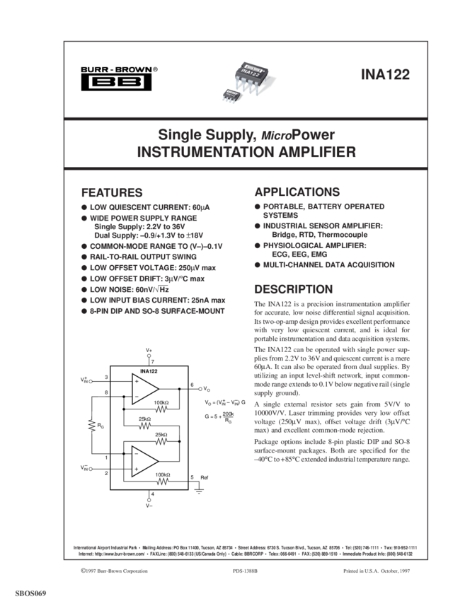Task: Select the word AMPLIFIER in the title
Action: point(313,152)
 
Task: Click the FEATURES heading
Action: point(112,192)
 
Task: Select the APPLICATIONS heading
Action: point(297,192)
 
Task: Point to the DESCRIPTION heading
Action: point(293,290)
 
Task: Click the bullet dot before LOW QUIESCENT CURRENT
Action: point(84,207)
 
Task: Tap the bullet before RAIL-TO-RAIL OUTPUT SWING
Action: point(84,257)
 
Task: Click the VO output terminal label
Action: point(205,388)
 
